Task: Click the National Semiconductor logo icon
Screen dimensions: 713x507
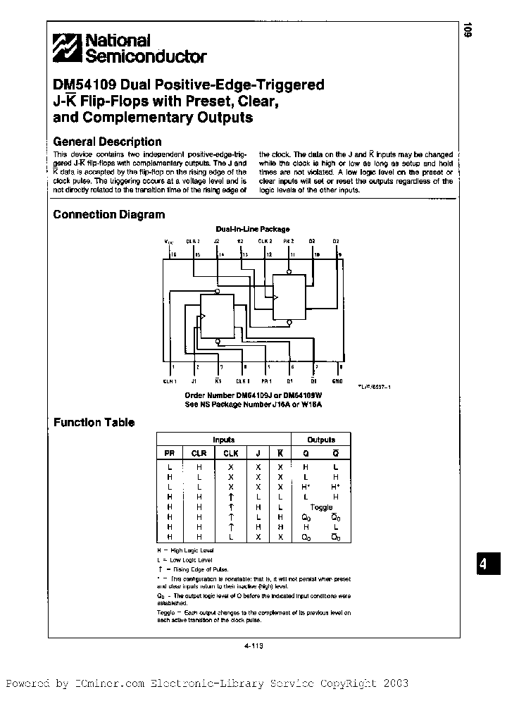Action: [68, 49]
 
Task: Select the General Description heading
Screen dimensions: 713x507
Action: [107, 141]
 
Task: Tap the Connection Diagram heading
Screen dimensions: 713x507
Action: [109, 215]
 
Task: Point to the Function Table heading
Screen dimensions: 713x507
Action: [94, 423]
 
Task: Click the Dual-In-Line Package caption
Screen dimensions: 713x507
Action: [252, 229]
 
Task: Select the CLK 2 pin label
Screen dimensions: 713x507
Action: [265, 241]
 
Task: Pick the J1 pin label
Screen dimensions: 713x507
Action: [198, 381]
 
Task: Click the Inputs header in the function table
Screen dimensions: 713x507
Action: [224, 440]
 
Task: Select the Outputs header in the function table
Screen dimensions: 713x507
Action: [321, 440]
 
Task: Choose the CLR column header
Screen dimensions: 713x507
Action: [199, 454]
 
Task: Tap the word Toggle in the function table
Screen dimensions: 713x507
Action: [321, 507]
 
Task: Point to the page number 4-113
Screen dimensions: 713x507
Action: [253, 645]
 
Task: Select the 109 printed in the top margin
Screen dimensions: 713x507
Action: [468, 31]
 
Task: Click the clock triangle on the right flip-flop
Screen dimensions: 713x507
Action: [277, 298]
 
